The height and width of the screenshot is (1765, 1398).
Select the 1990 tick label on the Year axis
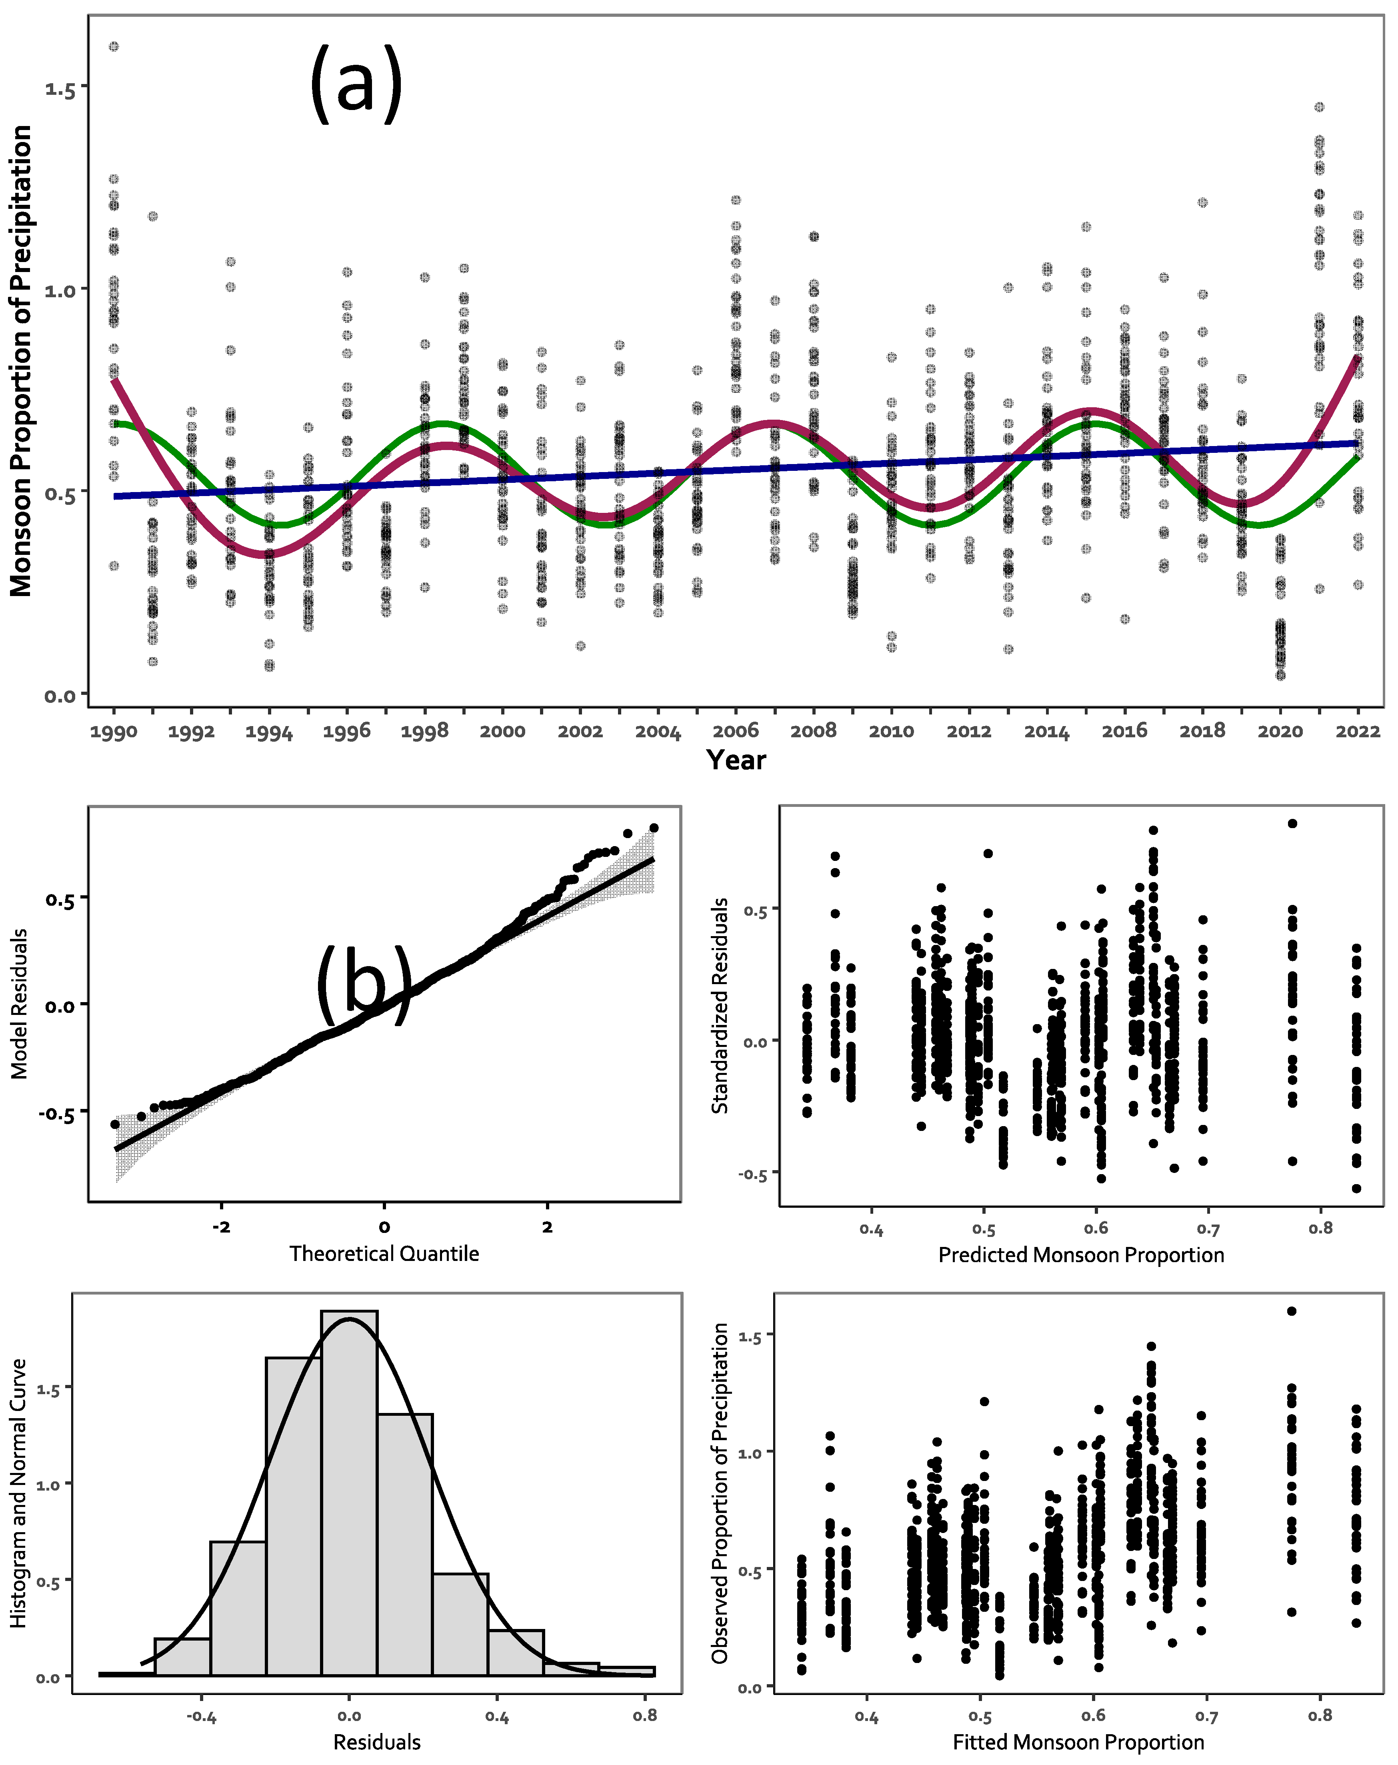coord(114,731)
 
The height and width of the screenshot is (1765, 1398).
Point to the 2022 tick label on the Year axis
coord(1357,731)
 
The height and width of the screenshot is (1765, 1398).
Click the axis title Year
coord(736,760)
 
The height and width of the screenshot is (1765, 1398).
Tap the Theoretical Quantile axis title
coord(384,1253)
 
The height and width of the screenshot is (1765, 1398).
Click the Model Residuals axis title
coord(20,1004)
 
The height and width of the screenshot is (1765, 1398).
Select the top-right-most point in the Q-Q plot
coord(653,828)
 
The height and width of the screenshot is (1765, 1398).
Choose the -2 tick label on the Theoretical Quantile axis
coord(221,1226)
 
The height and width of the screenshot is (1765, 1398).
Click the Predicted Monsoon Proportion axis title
coord(1080,1255)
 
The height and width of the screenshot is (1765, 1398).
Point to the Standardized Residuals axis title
coord(720,1005)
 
